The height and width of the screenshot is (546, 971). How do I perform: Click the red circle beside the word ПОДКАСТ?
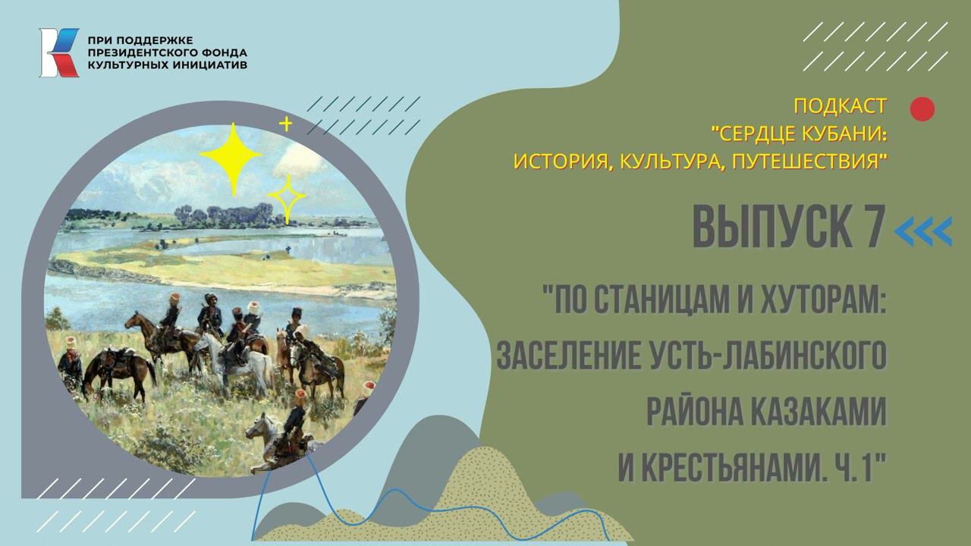pos(922,109)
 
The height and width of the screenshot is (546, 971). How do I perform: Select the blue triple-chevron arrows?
pos(923,231)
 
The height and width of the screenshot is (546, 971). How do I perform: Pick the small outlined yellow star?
pos(287,199)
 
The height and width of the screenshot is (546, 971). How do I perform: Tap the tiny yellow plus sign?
pos(286,124)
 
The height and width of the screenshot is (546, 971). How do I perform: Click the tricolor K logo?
pos(58,52)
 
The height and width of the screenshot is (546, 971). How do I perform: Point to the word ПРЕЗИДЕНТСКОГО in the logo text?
pos(143,52)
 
